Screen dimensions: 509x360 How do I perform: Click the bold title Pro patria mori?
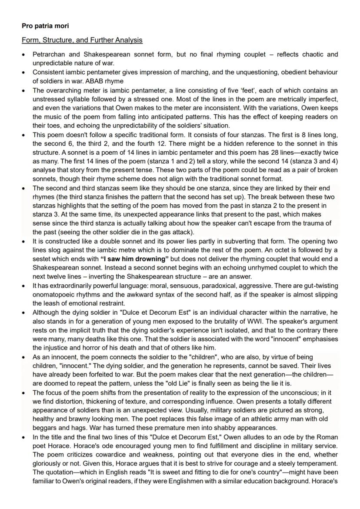[x=42, y=26]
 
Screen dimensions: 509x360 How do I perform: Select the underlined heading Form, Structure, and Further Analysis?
[x=82, y=40]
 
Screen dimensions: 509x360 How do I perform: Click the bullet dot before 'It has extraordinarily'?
[x=24, y=287]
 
